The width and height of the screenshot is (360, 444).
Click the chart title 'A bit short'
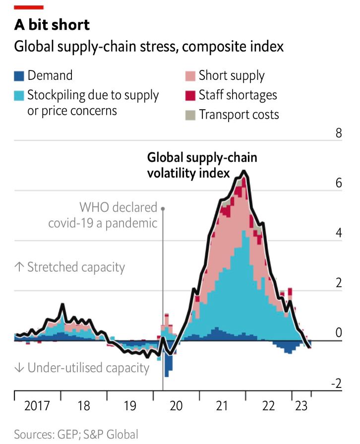pos(52,25)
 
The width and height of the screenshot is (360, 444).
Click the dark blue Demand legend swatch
pos(19,76)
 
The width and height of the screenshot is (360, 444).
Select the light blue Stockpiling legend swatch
pos(19,96)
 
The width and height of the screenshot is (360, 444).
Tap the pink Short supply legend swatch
pos(190,76)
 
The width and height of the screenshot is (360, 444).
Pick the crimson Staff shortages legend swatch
pos(190,95)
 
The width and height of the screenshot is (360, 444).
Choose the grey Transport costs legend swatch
pos(190,115)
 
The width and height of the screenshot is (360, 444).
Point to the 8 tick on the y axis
pos(339,133)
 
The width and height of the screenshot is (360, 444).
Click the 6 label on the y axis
pos(339,183)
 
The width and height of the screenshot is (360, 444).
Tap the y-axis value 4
pos(339,233)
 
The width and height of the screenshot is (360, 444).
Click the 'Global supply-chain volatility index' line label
pos(202,165)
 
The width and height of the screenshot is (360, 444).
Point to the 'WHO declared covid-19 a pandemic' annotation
pos(103,215)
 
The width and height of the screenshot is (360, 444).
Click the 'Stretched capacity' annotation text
pos(69,267)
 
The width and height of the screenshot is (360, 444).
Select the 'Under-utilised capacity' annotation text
pos(82,368)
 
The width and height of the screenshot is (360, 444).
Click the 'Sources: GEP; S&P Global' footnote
pos(75,435)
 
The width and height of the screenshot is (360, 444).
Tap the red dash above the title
pos(29,7)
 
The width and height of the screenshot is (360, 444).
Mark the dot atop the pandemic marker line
pos(163,209)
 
